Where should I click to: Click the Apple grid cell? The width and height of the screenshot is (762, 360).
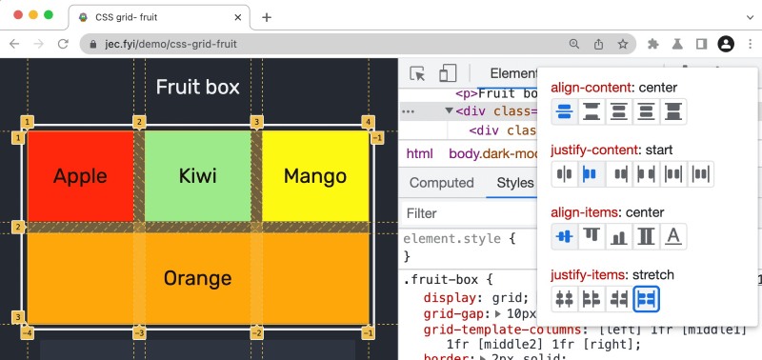point(80,176)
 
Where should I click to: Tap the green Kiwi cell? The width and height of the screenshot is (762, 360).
point(198,176)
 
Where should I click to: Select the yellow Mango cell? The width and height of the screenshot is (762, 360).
point(315,176)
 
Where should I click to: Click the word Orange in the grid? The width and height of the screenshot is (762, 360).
point(197,278)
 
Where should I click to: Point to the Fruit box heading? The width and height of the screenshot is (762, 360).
point(197,89)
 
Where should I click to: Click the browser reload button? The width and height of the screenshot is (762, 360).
point(63,44)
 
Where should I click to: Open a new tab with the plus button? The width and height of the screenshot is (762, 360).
point(267,17)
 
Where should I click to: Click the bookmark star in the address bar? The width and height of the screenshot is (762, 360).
point(623,44)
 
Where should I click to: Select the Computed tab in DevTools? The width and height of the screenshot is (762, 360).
point(441,183)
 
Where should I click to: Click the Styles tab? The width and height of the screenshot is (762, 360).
point(515,183)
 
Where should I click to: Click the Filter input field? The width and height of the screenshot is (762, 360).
point(457,213)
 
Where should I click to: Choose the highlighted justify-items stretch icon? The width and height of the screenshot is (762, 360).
point(647,299)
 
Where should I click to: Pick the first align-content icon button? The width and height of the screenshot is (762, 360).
point(565,111)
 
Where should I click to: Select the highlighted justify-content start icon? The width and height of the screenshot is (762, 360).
point(590,174)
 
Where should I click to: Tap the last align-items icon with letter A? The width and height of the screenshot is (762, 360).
point(673,237)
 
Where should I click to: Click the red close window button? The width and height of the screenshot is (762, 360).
point(15,16)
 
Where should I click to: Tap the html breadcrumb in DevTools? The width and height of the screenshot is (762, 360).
point(419,153)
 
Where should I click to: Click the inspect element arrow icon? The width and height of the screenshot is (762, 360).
point(417,74)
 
